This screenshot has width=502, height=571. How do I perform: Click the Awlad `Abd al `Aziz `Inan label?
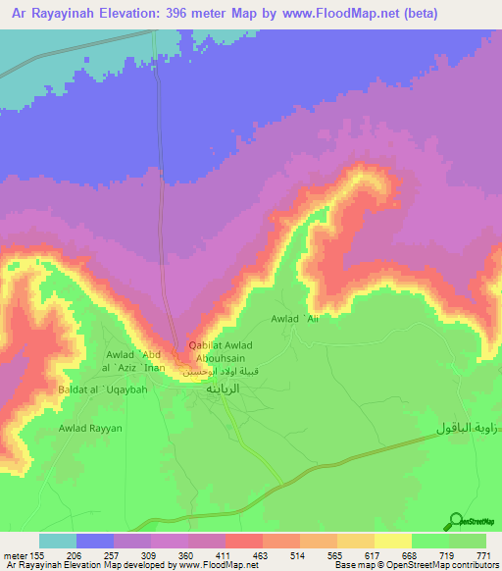point(141,360)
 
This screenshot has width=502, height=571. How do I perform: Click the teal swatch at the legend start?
point(58,541)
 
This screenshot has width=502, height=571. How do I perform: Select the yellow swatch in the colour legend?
point(392,541)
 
